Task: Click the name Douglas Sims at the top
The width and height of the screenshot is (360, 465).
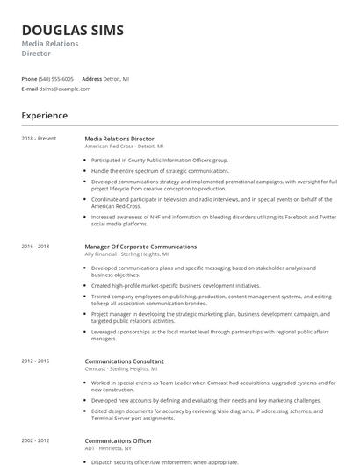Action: tap(73, 31)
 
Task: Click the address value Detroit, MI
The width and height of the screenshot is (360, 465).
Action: tap(116, 78)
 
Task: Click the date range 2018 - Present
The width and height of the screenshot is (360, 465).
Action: tap(39, 139)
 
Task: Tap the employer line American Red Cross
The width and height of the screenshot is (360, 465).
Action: tap(124, 147)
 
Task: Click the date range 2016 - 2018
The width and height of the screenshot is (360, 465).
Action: tap(36, 247)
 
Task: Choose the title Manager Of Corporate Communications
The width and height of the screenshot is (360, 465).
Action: tap(140, 247)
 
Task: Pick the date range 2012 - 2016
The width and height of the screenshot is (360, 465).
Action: tap(36, 361)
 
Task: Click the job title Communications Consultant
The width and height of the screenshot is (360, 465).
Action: tap(124, 361)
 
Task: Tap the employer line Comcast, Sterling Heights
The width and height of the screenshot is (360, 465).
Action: tap(129, 369)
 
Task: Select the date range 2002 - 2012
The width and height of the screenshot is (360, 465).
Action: tap(36, 440)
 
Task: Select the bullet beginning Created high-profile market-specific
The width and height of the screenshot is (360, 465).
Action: tap(176, 285)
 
